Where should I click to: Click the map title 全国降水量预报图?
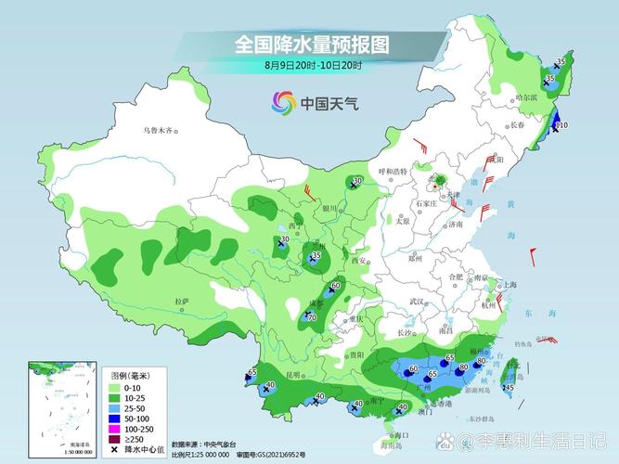[x=311, y=44]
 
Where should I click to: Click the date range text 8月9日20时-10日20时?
[x=312, y=66]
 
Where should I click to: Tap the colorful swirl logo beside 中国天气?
[x=283, y=103]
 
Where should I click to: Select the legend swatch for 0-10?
[x=114, y=387]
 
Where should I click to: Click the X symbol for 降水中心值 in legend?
[x=114, y=449]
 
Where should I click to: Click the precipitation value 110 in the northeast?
[x=560, y=124]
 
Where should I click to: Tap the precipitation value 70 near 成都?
[x=312, y=317]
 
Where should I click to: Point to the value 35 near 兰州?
[x=316, y=255]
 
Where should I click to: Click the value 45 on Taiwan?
[x=509, y=387]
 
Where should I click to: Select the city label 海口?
[x=401, y=435]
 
